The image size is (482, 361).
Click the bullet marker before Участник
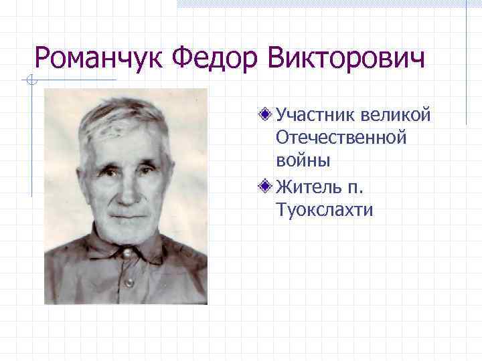click(x=265, y=114)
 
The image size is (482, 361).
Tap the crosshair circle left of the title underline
click(x=29, y=81)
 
